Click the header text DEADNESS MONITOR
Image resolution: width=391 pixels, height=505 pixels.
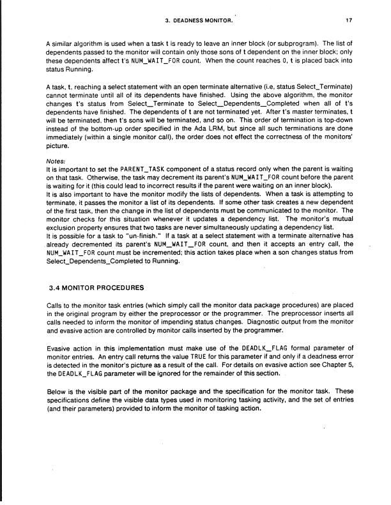pos(207,20)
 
